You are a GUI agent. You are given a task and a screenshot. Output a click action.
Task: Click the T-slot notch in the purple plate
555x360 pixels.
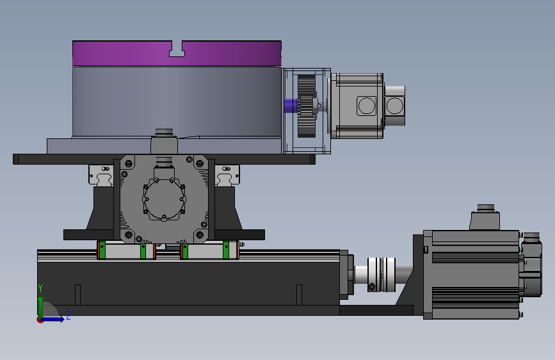click(177, 49)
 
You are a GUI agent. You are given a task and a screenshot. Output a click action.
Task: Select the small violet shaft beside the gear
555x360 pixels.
click(291, 105)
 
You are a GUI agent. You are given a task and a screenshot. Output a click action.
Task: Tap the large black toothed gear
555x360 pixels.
click(306, 106)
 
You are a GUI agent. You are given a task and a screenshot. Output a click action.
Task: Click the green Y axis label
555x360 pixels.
click(40, 288)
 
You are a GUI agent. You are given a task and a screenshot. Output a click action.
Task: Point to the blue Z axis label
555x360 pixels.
click(68, 315)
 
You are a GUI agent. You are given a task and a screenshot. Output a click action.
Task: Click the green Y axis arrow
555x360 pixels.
click(41, 307)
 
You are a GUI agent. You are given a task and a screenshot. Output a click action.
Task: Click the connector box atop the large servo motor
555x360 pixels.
click(485, 217)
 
